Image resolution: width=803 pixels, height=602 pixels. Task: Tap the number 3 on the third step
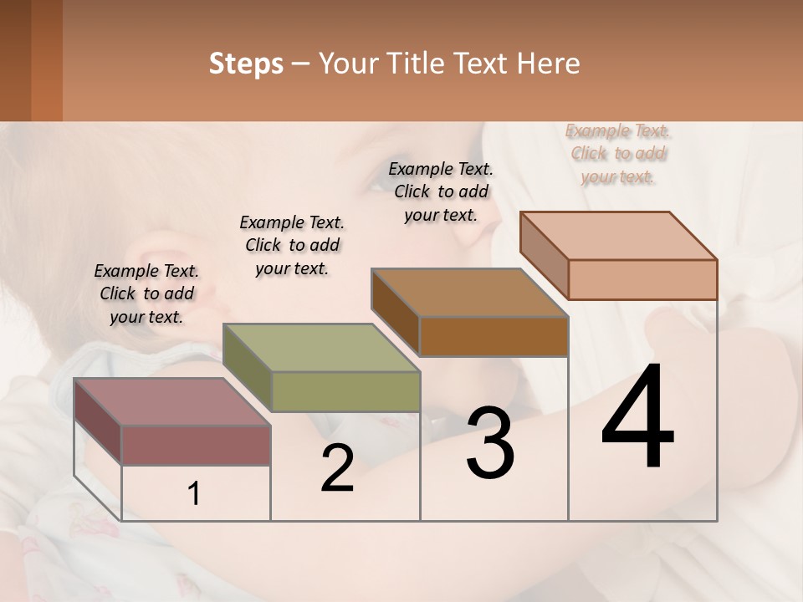click(490, 442)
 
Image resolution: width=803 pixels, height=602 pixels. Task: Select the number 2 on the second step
click(337, 467)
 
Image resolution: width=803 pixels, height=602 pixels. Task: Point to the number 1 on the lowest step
click(194, 494)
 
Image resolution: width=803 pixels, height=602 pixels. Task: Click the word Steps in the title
click(246, 64)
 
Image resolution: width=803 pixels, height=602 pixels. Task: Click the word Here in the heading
click(549, 64)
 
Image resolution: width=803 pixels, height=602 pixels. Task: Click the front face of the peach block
click(642, 279)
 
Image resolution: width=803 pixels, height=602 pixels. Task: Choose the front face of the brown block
click(494, 336)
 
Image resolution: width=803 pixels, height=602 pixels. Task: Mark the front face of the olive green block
click(345, 391)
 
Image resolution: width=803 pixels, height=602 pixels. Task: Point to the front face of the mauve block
click(197, 446)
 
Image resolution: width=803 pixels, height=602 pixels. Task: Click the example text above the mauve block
click(146, 293)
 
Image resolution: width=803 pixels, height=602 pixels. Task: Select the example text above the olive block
click(292, 245)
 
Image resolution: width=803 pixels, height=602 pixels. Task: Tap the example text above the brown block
click(441, 191)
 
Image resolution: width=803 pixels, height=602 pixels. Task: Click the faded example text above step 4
click(618, 153)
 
